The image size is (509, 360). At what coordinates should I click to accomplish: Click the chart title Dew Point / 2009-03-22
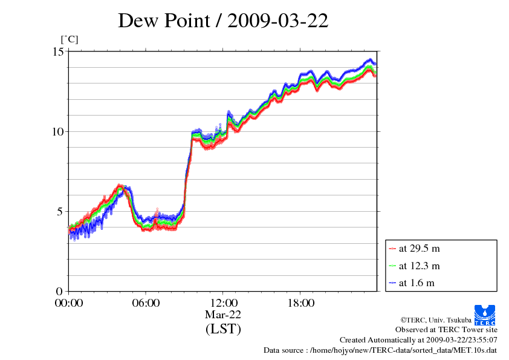click(x=223, y=21)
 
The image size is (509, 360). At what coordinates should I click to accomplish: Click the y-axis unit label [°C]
click(x=69, y=39)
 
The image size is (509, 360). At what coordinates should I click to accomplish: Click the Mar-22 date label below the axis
click(x=223, y=315)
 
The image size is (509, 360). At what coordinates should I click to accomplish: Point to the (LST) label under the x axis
click(x=223, y=329)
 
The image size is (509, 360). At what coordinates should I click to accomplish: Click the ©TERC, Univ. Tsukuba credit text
click(x=435, y=319)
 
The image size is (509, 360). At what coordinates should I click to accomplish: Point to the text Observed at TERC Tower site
click(x=446, y=330)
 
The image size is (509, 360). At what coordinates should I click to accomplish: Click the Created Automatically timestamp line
click(x=418, y=340)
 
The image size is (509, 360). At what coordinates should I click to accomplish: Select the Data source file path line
click(x=380, y=350)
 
